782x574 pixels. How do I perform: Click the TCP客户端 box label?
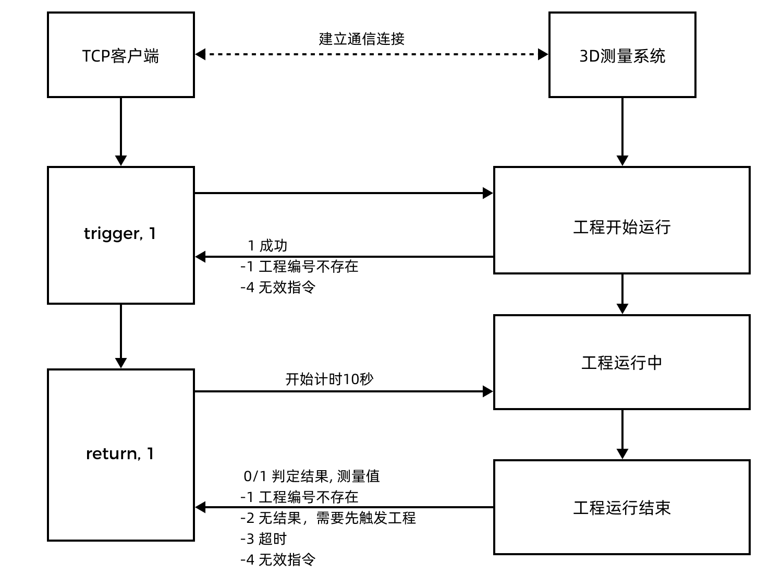(x=120, y=56)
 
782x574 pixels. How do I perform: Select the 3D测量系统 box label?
(x=622, y=56)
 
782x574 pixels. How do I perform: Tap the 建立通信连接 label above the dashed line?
(x=361, y=39)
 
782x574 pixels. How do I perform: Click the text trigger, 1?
(x=120, y=233)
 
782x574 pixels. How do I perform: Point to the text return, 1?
(x=120, y=453)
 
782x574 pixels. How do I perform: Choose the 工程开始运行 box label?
(x=621, y=227)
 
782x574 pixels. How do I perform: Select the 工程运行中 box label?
(x=621, y=363)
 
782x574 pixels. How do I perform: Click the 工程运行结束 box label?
(x=621, y=508)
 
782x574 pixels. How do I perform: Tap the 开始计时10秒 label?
(x=329, y=379)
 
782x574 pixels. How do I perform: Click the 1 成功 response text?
(x=267, y=245)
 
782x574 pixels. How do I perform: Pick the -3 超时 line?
(x=263, y=539)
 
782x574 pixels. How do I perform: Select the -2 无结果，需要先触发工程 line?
(x=328, y=518)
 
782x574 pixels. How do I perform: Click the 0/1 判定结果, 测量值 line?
(x=312, y=476)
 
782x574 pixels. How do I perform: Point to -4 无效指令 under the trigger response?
(x=278, y=287)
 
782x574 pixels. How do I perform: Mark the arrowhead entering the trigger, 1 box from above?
(x=121, y=160)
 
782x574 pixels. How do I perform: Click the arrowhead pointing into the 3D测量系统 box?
(x=543, y=54)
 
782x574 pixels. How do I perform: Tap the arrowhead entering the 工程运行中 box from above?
(x=622, y=308)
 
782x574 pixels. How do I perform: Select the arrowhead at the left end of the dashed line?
(x=201, y=54)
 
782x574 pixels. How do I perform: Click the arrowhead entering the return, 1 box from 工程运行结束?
(x=201, y=507)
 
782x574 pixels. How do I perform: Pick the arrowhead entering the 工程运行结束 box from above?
(x=622, y=453)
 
